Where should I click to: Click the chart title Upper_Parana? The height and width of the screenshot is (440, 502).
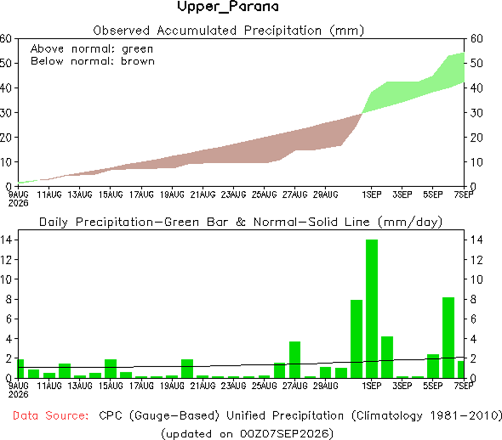(228, 7)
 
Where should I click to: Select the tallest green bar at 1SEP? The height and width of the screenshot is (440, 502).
(372, 308)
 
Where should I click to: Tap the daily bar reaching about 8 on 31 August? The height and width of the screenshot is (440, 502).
(356, 339)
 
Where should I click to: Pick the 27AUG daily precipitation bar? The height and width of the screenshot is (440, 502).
(295, 360)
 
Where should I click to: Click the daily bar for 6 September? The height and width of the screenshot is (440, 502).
(448, 338)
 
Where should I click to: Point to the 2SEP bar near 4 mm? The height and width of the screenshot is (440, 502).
(387, 357)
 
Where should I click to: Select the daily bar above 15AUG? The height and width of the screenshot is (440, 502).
(111, 369)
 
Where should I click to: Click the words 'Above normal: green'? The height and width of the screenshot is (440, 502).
(92, 49)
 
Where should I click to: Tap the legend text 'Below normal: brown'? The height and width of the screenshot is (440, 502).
(93, 61)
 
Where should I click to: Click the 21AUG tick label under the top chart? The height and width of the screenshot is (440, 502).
(203, 194)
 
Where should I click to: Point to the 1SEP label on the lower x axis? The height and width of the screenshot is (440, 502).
(372, 386)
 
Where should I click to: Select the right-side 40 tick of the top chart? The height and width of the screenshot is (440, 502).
(477, 88)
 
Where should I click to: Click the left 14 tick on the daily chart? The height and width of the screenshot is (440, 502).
(6, 239)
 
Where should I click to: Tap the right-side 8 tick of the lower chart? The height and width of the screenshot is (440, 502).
(473, 299)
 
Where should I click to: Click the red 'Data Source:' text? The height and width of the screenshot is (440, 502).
(51, 416)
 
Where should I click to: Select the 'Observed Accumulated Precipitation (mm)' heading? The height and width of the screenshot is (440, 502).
(229, 30)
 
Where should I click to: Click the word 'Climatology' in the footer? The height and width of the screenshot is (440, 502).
(387, 416)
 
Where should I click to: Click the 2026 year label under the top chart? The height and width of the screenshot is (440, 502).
(19, 203)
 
